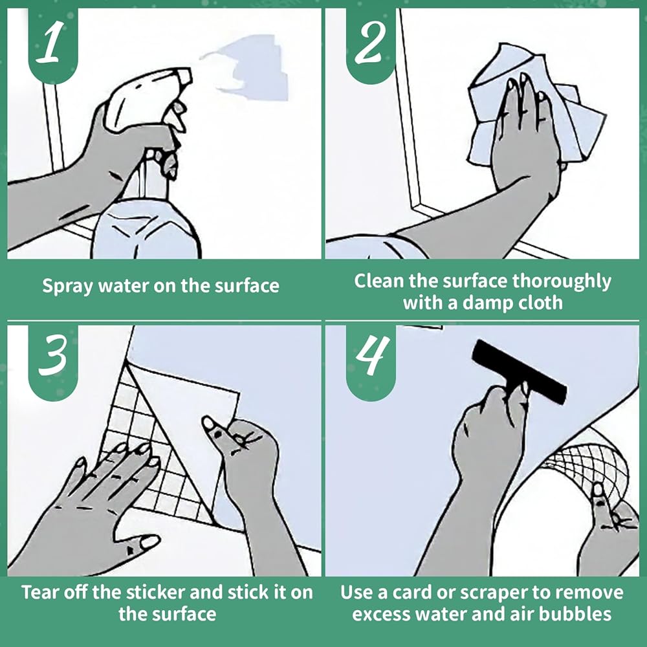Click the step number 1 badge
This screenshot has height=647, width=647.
pyautogui.click(x=53, y=45)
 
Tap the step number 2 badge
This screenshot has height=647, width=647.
pyautogui.click(x=371, y=45)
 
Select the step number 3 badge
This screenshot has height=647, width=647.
pyautogui.click(x=53, y=359)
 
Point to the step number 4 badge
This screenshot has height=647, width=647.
pyautogui.click(x=371, y=359)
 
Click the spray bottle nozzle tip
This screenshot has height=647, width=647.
pyautogui.click(x=188, y=76)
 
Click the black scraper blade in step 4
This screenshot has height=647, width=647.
pyautogui.click(x=519, y=372)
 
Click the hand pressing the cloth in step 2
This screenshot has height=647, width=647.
pyautogui.click(x=524, y=136)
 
